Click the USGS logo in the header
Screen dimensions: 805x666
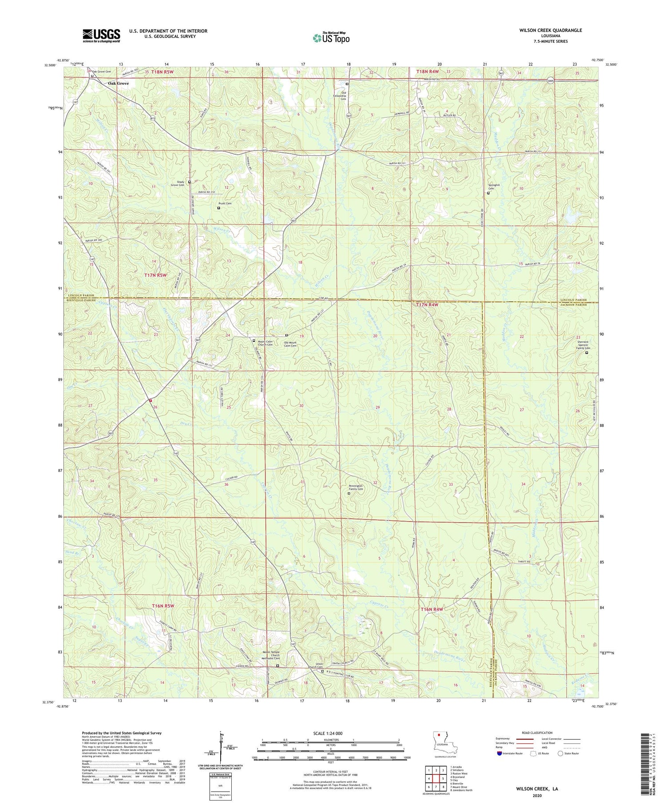click(x=101, y=36)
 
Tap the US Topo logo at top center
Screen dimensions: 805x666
click(x=331, y=38)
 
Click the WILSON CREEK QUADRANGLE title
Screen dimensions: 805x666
click(x=550, y=30)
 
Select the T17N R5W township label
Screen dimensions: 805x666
click(x=155, y=275)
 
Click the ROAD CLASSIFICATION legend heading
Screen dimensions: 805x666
click(x=537, y=733)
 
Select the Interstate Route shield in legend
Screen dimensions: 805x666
click(x=499, y=753)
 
